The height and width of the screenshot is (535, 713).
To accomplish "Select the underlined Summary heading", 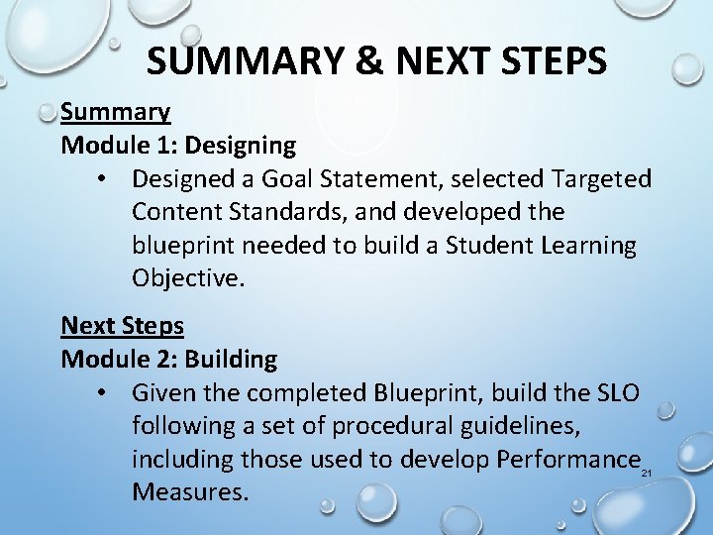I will pyautogui.click(x=116, y=113).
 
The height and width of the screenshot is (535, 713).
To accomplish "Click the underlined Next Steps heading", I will pyautogui.click(x=123, y=325).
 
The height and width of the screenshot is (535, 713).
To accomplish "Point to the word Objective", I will pyautogui.click(x=186, y=278).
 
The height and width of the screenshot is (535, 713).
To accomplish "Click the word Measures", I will pyautogui.click(x=189, y=492).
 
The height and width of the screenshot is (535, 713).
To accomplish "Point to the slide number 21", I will pyautogui.click(x=647, y=475).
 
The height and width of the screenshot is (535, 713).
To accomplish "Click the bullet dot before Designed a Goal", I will pyautogui.click(x=103, y=179).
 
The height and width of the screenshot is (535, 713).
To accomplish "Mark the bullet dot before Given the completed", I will pyautogui.click(x=103, y=393).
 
